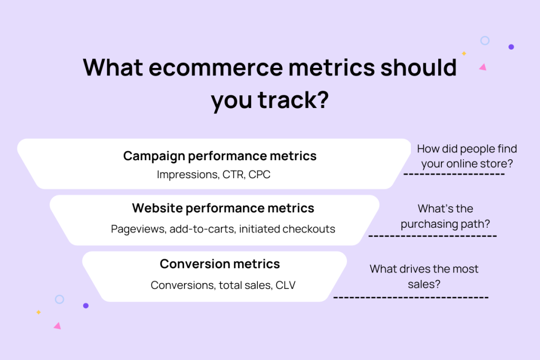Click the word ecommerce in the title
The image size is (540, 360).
(216, 67)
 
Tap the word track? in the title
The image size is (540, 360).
(293, 100)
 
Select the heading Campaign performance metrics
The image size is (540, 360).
(220, 156)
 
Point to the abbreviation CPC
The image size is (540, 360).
(259, 174)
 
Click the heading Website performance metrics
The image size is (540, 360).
(223, 208)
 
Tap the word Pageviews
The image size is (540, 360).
(139, 229)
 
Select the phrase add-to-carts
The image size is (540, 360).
(202, 229)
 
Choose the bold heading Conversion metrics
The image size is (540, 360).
(220, 264)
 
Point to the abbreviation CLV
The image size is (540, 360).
(285, 285)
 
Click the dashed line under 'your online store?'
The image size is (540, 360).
(454, 174)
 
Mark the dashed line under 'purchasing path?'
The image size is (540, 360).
(432, 236)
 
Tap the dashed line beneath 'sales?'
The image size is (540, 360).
(411, 297)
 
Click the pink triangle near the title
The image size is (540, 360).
(483, 67)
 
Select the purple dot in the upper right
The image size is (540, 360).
(511, 47)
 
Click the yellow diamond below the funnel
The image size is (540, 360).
(38, 312)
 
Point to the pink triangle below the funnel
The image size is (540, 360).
(57, 326)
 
